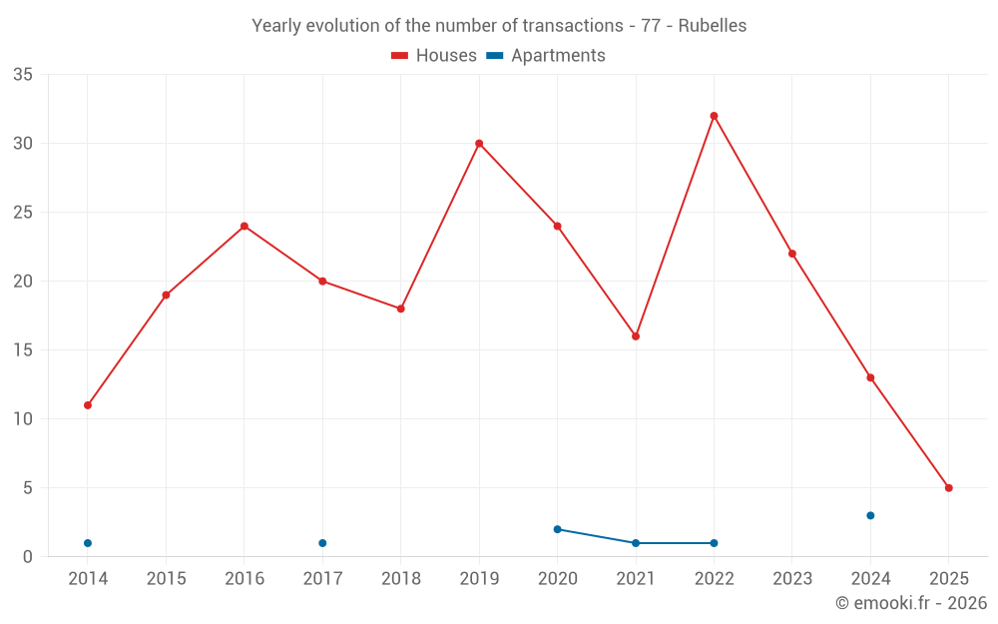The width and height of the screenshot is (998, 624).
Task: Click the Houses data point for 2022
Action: (714, 116)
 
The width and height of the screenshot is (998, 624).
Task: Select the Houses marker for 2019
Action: (479, 144)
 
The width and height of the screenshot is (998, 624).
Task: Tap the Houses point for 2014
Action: (88, 405)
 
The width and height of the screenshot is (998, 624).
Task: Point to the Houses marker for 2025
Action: (948, 488)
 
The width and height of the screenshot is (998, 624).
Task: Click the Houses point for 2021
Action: (636, 336)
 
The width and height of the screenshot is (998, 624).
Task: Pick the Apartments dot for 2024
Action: (870, 515)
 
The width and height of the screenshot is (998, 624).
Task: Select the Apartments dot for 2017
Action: (322, 543)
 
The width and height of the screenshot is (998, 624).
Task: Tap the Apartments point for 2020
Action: (557, 529)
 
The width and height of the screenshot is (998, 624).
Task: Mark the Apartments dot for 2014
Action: (88, 543)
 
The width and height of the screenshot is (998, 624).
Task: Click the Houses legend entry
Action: (434, 56)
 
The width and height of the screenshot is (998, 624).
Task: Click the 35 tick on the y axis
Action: (23, 75)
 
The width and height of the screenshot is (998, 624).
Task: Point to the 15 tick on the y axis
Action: (23, 350)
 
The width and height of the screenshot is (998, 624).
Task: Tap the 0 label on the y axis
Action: (28, 557)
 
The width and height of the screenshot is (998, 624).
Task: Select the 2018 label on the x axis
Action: (400, 579)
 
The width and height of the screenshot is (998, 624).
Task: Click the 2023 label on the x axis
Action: (791, 579)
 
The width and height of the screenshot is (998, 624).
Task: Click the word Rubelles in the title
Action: (712, 26)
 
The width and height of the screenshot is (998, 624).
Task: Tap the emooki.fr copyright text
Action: (910, 603)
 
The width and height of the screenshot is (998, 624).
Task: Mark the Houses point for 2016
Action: (244, 226)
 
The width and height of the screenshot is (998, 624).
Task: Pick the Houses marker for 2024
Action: (870, 377)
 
